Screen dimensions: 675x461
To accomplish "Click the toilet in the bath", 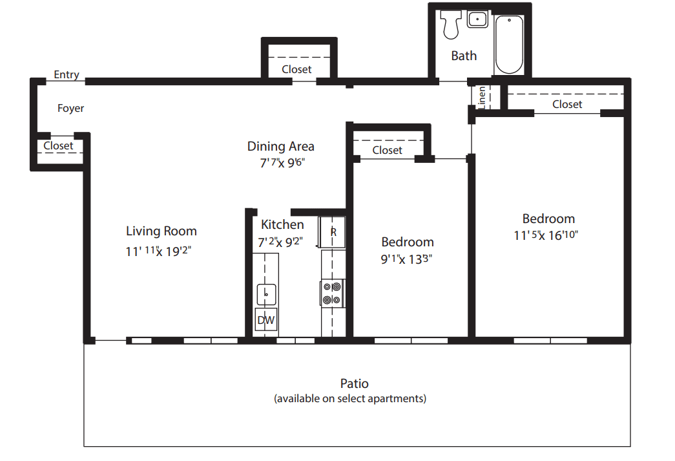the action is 451,24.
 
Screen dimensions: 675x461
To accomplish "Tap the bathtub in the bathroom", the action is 509,45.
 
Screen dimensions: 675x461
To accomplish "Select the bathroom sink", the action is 477,19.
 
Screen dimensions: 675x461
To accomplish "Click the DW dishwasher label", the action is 265,320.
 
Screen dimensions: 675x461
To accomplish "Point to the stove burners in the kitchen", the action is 332,294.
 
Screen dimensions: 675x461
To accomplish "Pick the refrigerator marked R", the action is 332,231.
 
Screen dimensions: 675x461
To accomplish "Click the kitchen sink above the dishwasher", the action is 266,295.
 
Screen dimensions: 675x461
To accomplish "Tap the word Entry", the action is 67,74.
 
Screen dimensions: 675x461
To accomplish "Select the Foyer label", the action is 70,108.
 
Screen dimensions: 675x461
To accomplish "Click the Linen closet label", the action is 482,98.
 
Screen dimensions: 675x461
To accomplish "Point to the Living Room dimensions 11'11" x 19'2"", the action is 158,251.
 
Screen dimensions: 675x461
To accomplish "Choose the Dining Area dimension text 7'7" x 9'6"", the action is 282,163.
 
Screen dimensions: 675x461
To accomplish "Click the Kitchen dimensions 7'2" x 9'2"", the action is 280,242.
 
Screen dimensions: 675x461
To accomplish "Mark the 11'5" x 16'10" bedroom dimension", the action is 545,235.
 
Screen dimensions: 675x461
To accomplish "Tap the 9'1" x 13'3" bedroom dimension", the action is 406,259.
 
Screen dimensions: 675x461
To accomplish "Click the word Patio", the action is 354,383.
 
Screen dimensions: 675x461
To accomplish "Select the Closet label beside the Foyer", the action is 58,145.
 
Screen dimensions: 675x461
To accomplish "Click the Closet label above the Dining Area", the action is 296,69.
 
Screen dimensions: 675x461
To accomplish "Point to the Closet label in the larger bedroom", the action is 567,104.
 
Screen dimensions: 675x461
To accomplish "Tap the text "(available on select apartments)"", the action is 350,398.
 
